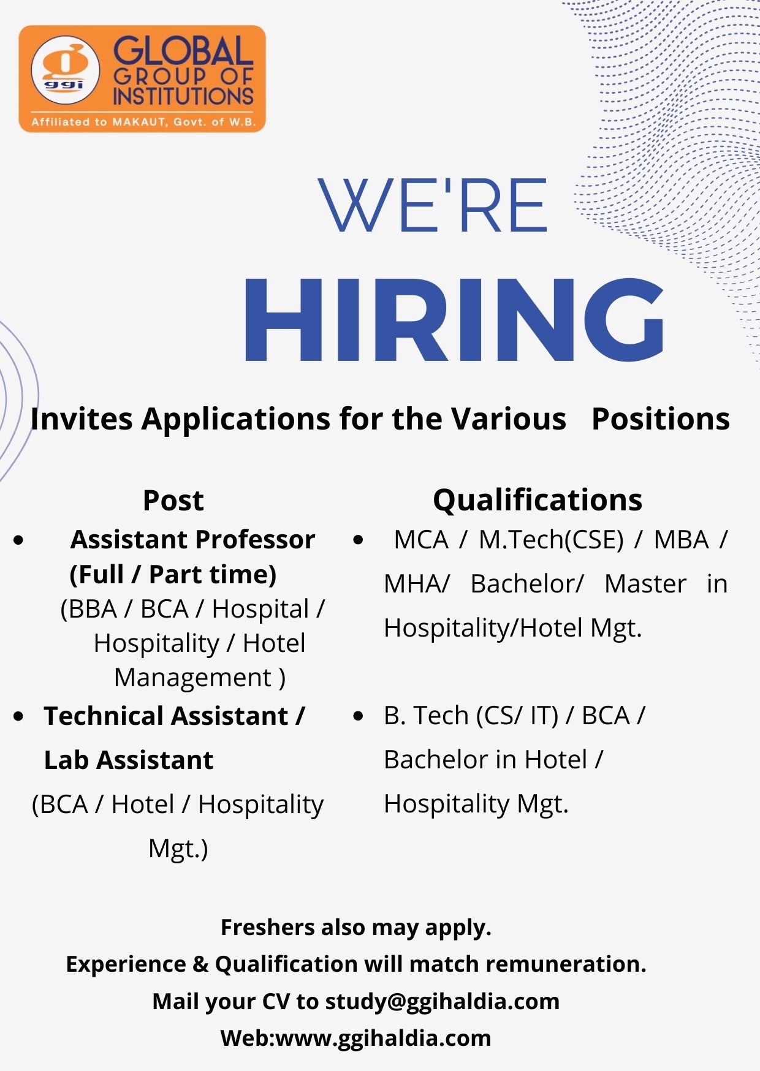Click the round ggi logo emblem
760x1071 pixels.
[x=65, y=70]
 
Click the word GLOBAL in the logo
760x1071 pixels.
[x=183, y=51]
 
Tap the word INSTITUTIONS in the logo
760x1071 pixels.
[x=183, y=96]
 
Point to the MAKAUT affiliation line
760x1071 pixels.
[x=143, y=122]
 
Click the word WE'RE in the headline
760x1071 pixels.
[x=433, y=205]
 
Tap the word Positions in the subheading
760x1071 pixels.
[x=661, y=419]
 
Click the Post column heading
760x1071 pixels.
[x=173, y=500]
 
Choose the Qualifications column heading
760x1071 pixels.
[x=538, y=500]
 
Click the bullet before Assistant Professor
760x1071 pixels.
[x=19, y=540]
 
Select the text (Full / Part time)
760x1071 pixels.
[x=173, y=575]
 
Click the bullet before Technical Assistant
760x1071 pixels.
[x=19, y=716]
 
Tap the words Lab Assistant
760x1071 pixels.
[x=129, y=760]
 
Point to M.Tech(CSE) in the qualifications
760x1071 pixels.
[x=551, y=540]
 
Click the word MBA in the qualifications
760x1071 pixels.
[x=681, y=540]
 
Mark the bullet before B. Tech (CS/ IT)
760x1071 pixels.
[x=359, y=716]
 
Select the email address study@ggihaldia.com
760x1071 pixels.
[x=442, y=1002]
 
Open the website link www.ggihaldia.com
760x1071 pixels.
[x=384, y=1039]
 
